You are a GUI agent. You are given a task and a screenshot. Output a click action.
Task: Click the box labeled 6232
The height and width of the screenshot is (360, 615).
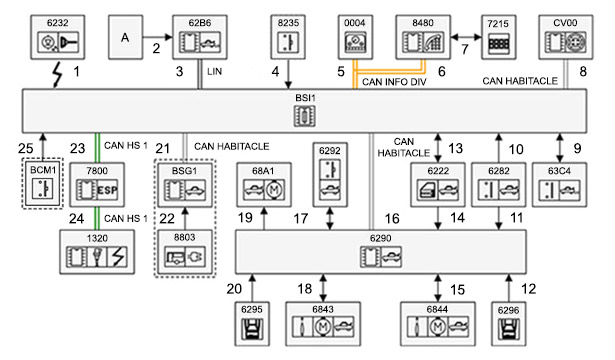coord(58,37)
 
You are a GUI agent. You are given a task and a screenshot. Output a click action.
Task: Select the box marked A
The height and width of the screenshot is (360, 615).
coord(126,37)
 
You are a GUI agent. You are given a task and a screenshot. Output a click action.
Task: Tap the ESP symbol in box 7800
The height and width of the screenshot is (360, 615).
coord(107,190)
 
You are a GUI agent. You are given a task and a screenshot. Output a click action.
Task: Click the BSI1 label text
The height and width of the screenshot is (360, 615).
coord(305,98)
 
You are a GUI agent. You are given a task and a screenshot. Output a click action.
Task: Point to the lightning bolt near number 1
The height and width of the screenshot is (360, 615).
coord(57,74)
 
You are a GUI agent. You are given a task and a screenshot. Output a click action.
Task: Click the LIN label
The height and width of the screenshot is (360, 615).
coord(215,71)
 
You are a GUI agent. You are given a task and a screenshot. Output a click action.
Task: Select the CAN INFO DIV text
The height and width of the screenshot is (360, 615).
coord(394,82)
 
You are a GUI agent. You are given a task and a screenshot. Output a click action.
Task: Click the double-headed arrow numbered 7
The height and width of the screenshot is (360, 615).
coord(466,37)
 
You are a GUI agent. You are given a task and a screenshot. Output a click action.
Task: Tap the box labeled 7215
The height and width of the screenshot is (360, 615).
coord(499,37)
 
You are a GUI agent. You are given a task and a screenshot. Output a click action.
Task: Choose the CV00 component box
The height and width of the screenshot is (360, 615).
coord(566,37)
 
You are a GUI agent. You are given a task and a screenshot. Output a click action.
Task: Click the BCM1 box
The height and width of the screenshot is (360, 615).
coord(43,184)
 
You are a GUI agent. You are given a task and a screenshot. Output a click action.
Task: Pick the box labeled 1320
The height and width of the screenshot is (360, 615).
coord(97,252)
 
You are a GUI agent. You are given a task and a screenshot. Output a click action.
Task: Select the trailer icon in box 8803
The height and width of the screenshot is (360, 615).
coord(175,257)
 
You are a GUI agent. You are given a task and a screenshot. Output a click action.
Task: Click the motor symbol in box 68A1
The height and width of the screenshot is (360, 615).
coord(274,190)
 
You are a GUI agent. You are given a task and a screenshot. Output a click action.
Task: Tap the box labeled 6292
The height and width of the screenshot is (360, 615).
coord(330,175)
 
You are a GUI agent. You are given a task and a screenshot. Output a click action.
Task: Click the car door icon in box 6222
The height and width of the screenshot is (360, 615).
coord(428,190)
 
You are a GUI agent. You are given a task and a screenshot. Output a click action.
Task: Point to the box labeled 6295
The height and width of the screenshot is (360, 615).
coord(252,324)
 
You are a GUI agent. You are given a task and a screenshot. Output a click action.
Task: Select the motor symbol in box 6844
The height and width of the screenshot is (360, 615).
coord(437,326)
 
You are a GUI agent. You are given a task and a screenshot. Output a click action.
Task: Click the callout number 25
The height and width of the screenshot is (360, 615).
coord(25,148)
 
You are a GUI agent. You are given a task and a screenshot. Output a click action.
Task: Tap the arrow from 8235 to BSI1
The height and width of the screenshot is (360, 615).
coord(288,74)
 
